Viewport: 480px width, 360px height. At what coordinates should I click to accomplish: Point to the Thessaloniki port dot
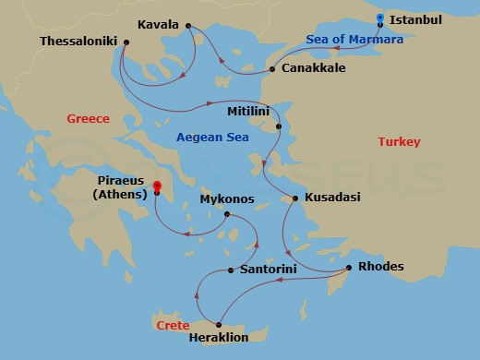[x=126, y=42]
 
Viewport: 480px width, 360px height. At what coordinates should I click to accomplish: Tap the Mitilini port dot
[x=279, y=126]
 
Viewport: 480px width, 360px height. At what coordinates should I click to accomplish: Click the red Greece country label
[x=89, y=118]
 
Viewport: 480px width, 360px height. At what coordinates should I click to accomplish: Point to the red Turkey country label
[x=399, y=141]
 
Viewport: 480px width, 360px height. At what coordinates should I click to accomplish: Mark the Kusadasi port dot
[x=295, y=198]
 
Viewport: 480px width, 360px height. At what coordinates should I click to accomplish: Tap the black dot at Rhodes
[x=348, y=268]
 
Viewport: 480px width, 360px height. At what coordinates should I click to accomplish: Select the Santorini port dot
[x=230, y=270]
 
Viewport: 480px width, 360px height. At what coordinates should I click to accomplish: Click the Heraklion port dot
[x=218, y=324]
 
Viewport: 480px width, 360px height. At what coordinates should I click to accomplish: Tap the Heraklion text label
[x=218, y=340]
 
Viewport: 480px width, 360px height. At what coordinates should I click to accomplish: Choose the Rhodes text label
[x=381, y=268]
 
